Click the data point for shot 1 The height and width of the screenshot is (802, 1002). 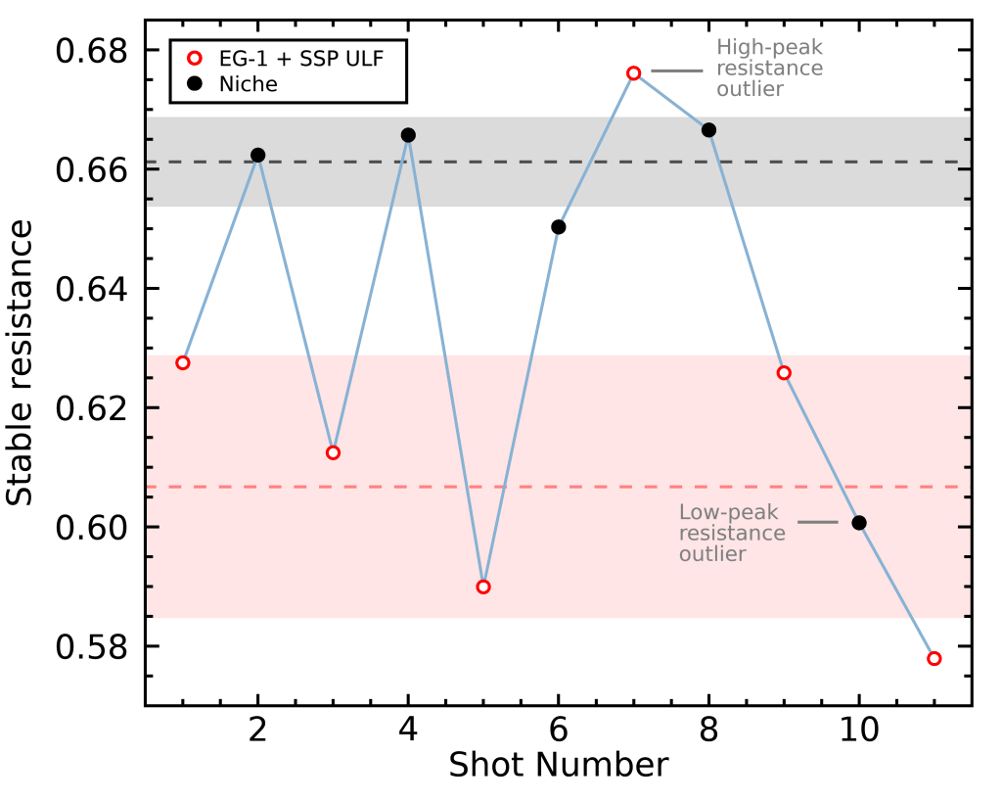[183, 363]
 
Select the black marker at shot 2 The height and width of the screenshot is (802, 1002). [258, 155]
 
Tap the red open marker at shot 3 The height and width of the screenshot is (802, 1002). [333, 452]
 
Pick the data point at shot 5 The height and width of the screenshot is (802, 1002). [483, 587]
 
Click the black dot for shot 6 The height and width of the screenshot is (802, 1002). [559, 227]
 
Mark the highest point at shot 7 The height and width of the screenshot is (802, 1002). [634, 73]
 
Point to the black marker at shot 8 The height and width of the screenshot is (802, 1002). [709, 130]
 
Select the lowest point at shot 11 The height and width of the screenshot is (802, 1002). [934, 658]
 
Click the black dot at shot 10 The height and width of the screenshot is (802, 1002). [859, 523]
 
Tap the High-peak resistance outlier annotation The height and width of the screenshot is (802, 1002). [769, 68]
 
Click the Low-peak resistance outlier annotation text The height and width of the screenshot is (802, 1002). [732, 533]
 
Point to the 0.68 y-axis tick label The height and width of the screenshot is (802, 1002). [94, 50]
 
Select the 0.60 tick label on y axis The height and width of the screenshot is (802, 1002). [94, 528]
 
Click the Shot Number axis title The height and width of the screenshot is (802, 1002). [558, 765]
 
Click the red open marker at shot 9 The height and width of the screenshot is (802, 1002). [784, 373]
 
